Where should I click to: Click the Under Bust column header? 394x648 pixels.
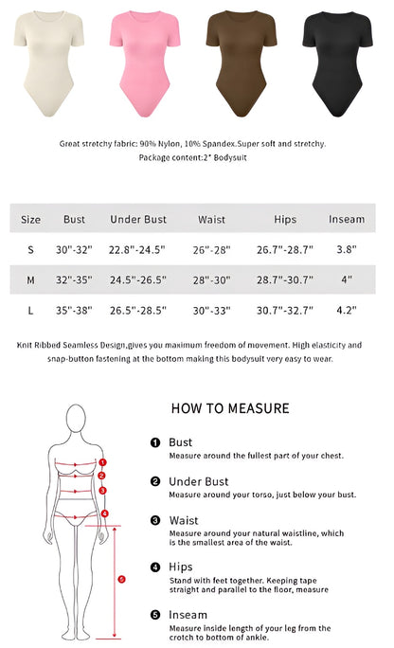(138, 219)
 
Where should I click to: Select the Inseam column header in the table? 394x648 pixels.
(346, 219)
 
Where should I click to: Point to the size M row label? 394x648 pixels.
(30, 279)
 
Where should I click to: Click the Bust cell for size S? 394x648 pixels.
(74, 249)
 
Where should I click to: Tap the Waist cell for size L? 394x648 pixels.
(212, 310)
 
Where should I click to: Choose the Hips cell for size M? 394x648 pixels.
(285, 279)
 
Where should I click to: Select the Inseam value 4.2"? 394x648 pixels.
(347, 310)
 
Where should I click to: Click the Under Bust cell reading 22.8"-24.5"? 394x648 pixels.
(138, 249)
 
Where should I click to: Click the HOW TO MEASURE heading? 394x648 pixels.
(230, 408)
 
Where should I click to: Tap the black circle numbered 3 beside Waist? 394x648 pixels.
(155, 520)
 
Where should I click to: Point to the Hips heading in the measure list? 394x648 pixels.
(180, 567)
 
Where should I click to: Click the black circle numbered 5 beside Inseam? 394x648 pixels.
(155, 614)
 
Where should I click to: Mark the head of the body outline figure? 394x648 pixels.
(79, 420)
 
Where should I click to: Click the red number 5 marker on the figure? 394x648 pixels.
(121, 578)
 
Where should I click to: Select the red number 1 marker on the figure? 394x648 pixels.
(102, 463)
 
